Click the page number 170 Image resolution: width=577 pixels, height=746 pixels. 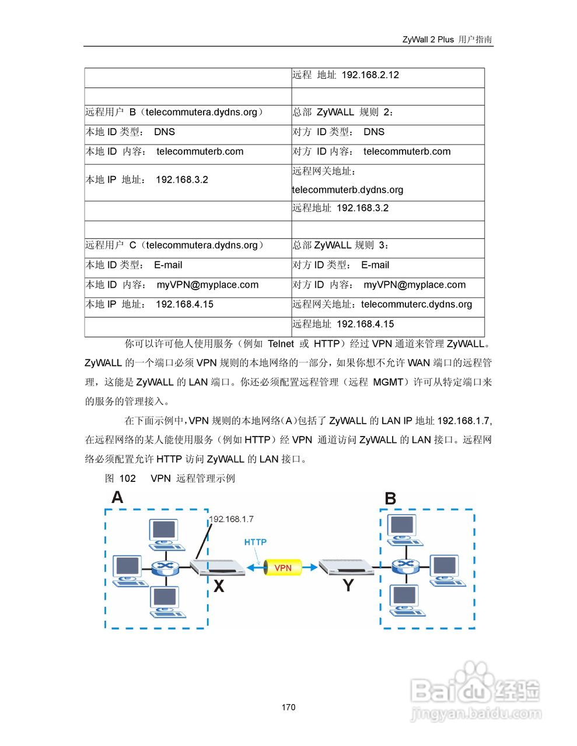click(288, 707)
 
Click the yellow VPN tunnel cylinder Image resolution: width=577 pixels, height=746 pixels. click(283, 568)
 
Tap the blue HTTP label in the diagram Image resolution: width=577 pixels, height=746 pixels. click(255, 542)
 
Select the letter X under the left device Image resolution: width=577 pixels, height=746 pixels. click(219, 586)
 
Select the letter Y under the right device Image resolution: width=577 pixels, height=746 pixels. click(348, 585)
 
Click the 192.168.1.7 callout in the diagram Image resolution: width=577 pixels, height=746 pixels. click(232, 519)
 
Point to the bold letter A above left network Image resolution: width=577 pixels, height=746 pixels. click(117, 497)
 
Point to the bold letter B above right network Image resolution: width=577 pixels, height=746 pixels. click(390, 499)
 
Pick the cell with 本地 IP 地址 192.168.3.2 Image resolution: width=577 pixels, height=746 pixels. click(187, 180)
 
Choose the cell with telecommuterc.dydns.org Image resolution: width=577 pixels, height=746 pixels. click(387, 304)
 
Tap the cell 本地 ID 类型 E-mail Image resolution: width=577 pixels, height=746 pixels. click(187, 265)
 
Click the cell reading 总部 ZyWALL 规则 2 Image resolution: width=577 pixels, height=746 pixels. click(387, 112)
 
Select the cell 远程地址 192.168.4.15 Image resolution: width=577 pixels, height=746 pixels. click(387, 324)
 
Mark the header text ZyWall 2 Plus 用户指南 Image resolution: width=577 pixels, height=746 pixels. click(447, 40)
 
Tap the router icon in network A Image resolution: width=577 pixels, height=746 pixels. click(164, 567)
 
